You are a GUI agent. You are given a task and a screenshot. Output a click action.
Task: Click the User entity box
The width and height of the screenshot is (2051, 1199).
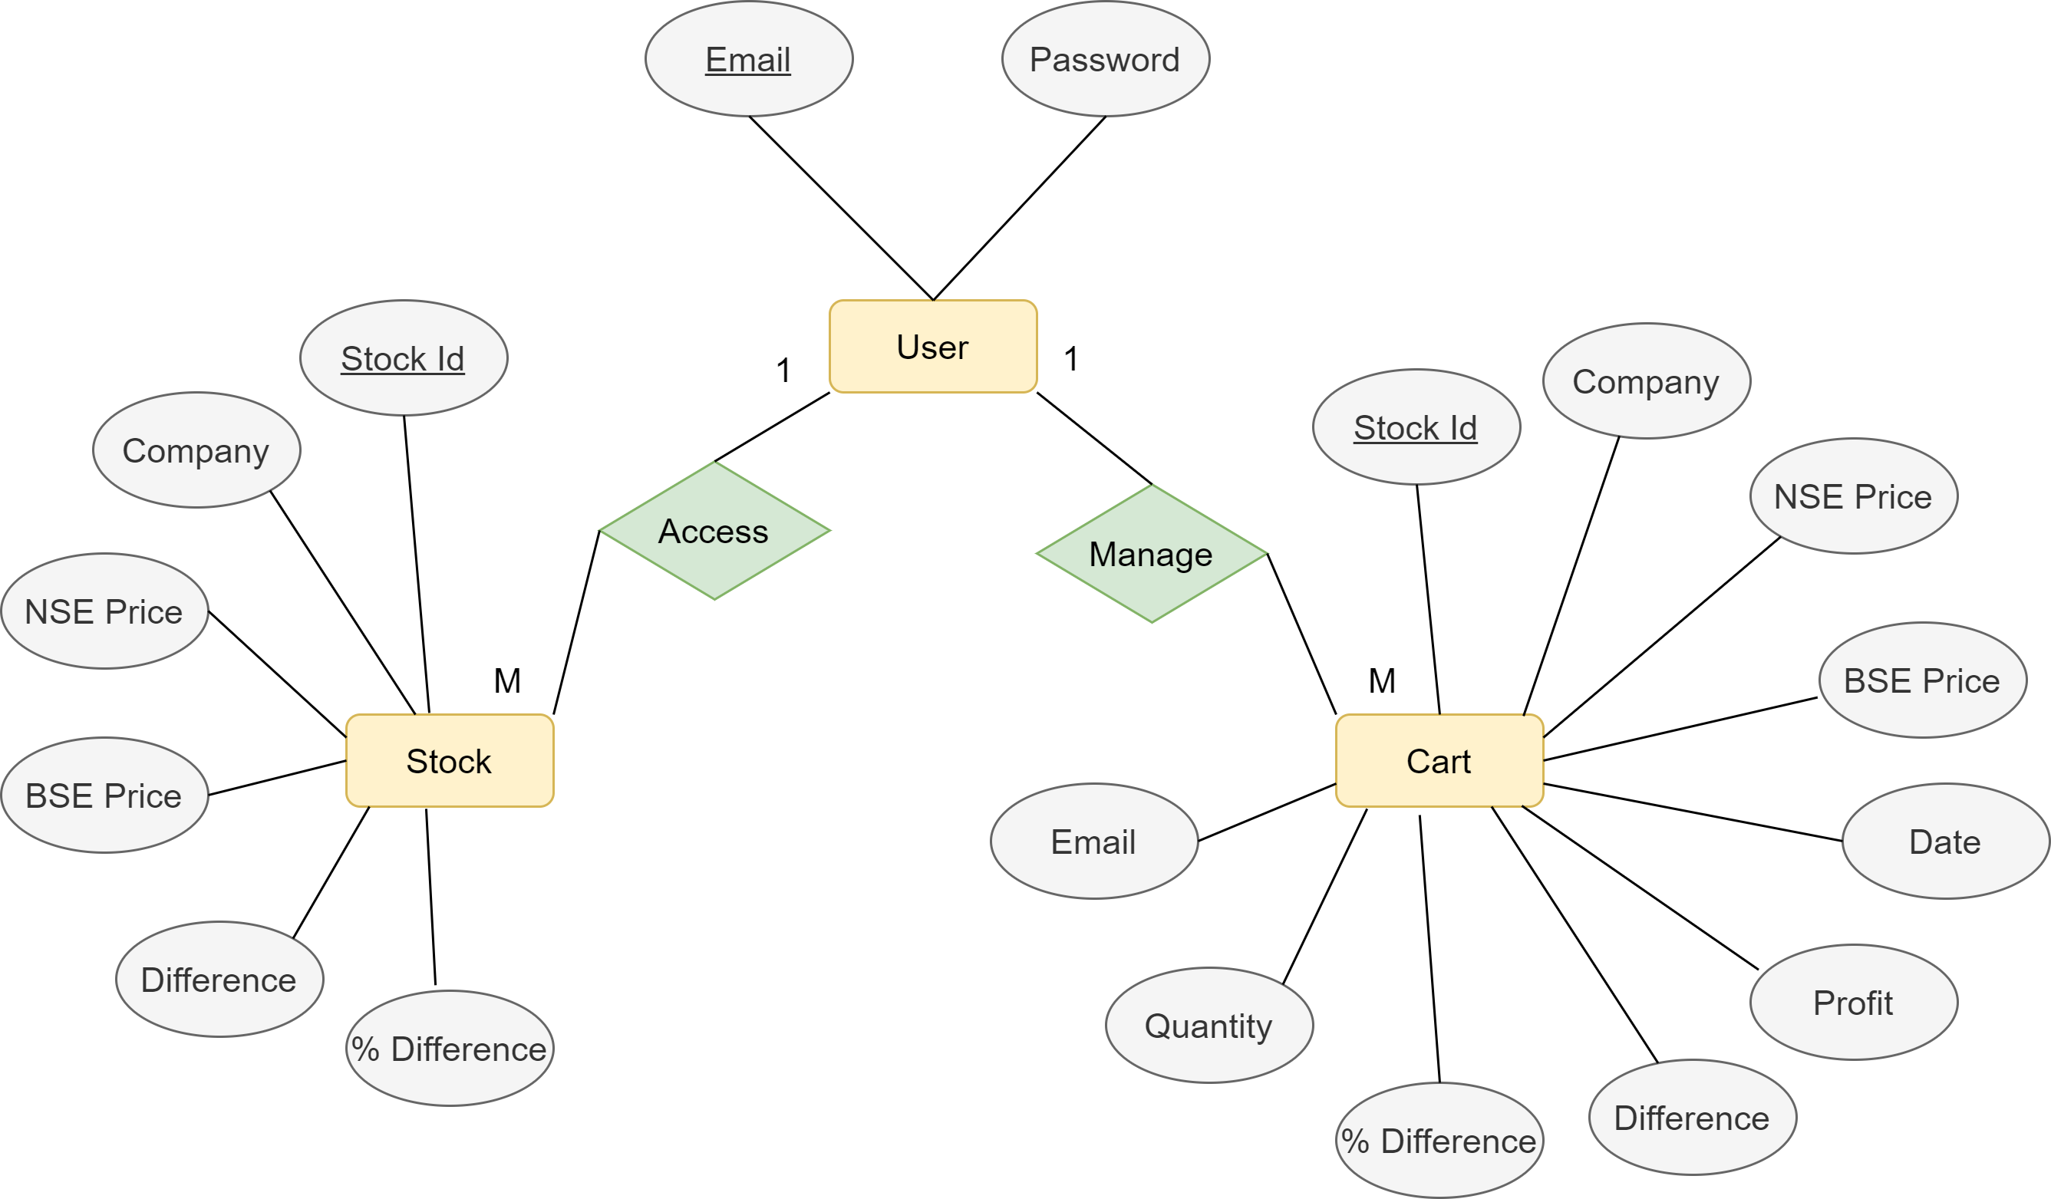point(933,347)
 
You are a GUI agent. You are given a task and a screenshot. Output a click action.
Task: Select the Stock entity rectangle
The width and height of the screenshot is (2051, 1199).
point(450,760)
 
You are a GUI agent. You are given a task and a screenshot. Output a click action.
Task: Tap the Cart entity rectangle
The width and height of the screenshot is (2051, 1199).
point(1439,760)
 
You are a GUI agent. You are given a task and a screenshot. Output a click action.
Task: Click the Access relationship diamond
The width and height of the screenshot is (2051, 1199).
point(714,530)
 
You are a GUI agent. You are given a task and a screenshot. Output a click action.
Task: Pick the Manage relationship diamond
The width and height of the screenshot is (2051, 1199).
point(1151,554)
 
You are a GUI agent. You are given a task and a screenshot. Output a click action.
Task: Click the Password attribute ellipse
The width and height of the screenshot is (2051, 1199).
point(1104,58)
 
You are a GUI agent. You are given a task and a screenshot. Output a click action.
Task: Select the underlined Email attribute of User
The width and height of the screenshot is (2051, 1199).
point(748,58)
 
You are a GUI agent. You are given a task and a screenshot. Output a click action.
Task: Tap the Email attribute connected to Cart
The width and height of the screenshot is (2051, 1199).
point(1093,841)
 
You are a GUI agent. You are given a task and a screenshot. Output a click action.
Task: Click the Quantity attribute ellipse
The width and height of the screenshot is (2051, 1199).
point(1209,1025)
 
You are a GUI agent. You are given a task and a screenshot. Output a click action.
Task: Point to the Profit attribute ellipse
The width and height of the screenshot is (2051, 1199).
point(1853,1002)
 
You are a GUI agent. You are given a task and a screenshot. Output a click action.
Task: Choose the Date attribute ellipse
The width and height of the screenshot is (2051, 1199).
point(1945,841)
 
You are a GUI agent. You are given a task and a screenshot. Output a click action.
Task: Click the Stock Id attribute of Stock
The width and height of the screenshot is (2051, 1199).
point(403,358)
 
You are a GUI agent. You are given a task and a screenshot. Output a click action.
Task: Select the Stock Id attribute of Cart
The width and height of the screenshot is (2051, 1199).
point(1416,427)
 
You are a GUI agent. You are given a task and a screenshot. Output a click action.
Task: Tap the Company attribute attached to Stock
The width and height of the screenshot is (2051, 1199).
point(196,450)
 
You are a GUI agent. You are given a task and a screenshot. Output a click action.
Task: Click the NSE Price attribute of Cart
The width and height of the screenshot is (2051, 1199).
point(1853,496)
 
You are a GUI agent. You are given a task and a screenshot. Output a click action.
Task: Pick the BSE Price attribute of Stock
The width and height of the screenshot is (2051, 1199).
point(104,795)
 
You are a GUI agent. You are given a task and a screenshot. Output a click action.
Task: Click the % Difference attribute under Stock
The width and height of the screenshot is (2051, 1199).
point(450,1048)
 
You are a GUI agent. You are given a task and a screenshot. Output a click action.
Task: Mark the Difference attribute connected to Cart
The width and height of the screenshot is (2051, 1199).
point(1692,1117)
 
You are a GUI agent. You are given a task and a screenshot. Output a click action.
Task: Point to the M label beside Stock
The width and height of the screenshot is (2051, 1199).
point(507,680)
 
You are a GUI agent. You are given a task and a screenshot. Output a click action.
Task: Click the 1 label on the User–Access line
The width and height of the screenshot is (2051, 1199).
point(783,370)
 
